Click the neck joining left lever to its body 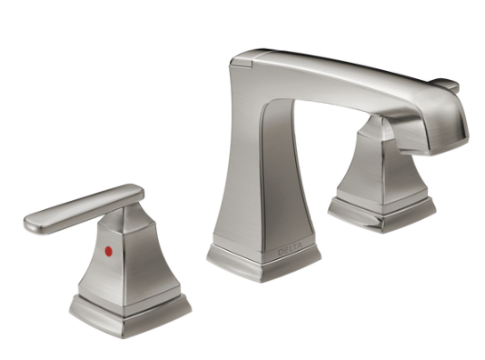116,218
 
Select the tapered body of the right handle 372,168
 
